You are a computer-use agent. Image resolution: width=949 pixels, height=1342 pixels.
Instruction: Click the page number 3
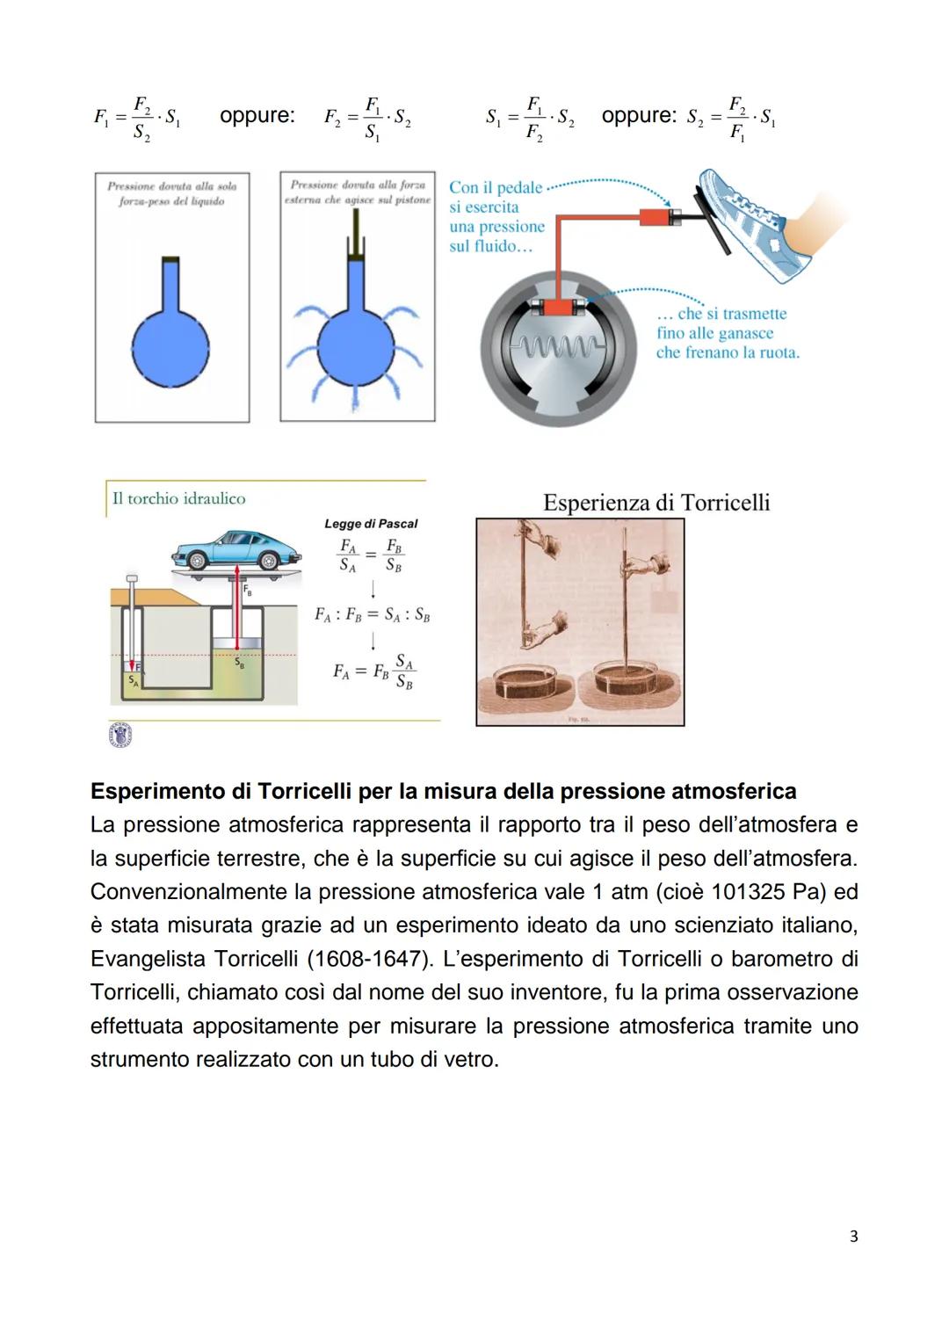(853, 1237)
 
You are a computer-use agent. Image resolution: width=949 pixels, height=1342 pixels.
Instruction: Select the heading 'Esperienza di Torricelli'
(656, 503)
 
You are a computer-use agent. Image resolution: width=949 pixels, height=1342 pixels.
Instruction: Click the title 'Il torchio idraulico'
(178, 498)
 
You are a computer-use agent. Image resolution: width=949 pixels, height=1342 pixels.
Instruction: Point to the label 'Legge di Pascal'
(371, 524)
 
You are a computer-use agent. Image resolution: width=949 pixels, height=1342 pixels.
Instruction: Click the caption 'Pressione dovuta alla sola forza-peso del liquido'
(172, 194)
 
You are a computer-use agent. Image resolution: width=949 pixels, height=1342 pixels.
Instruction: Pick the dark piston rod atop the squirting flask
(357, 233)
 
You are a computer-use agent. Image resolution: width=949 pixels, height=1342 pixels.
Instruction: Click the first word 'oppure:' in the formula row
(257, 116)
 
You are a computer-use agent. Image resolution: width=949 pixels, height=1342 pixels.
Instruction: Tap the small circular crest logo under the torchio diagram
(120, 736)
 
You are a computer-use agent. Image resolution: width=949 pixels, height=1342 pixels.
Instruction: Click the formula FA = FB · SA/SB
(373, 671)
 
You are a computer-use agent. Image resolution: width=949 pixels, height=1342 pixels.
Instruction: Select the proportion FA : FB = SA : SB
(373, 615)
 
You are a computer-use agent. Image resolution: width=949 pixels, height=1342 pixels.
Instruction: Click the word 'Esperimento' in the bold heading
(157, 792)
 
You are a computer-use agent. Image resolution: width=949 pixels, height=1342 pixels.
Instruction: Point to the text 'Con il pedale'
(496, 188)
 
